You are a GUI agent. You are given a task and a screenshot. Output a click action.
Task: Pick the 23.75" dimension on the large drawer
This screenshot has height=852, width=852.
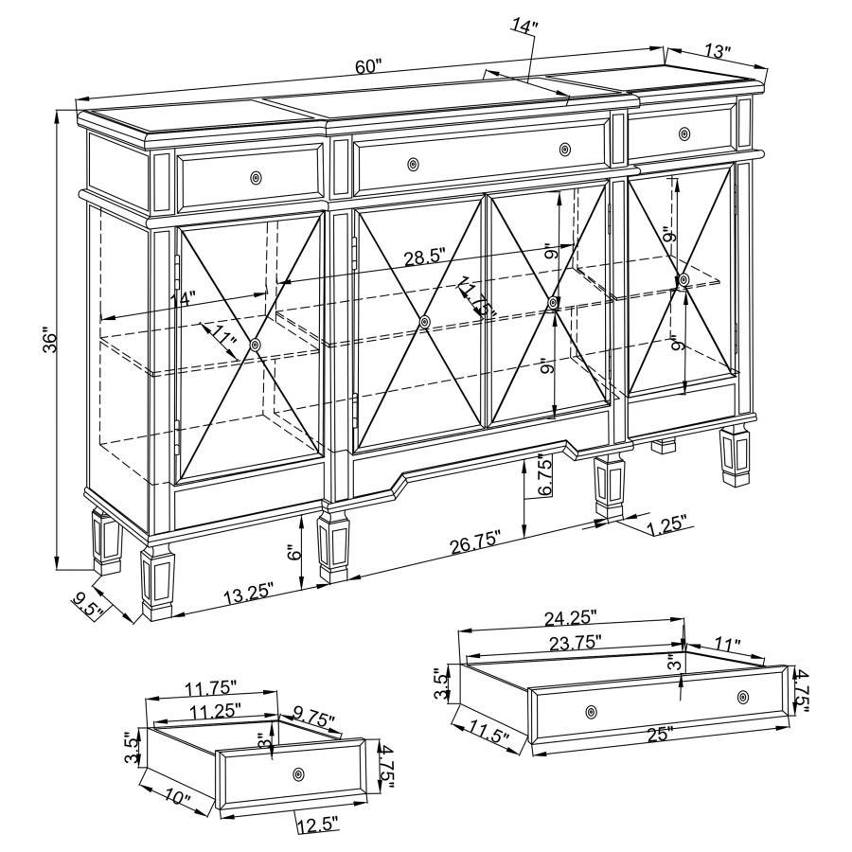coord(570,643)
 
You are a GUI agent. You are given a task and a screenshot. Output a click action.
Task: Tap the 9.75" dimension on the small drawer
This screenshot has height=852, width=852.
coord(315,720)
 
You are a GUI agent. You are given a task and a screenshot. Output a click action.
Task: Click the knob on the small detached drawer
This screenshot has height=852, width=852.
coord(300,773)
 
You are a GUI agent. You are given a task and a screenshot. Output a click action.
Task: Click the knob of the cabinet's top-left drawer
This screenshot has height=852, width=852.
coord(257,178)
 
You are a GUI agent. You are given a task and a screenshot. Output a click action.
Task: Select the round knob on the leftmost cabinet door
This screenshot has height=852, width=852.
coord(256,346)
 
